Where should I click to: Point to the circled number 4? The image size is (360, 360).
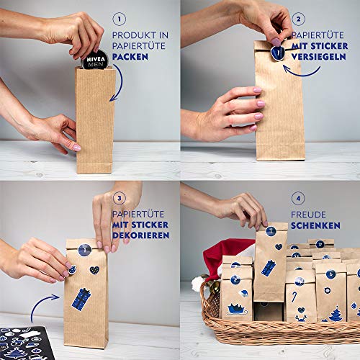(298, 198)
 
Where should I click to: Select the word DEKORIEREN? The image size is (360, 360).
(143, 235)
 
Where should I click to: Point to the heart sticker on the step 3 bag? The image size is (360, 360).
(94, 270)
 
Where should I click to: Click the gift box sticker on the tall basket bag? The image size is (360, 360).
(269, 267)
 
